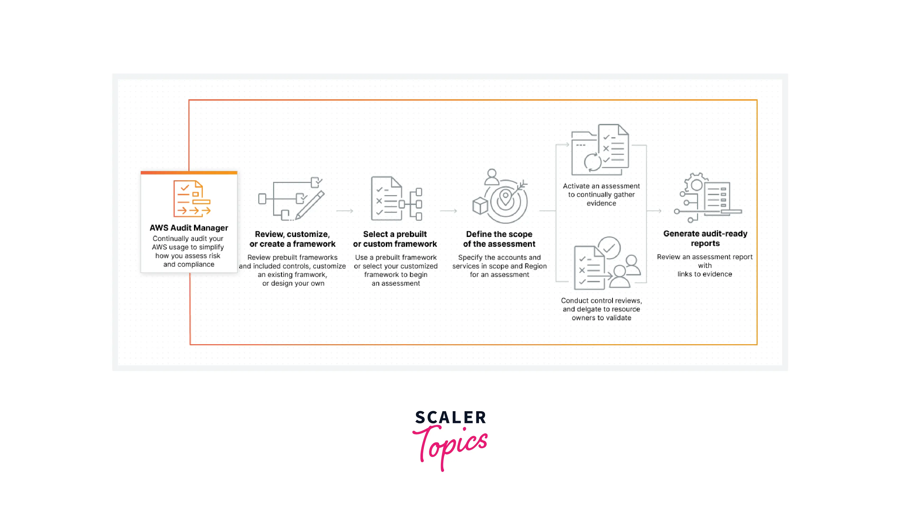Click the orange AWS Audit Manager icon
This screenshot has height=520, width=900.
point(192,199)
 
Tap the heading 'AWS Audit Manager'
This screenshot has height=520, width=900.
point(189,228)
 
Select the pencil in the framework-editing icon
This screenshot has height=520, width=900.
point(310,205)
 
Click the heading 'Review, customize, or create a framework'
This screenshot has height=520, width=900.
point(292,239)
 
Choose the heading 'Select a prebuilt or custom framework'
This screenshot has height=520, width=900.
point(395,239)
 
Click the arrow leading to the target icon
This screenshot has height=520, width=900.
point(448,211)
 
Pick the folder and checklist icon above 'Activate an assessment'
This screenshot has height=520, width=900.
point(600,150)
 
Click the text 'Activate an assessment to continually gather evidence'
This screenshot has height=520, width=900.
point(601,195)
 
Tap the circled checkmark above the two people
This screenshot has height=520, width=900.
point(609,248)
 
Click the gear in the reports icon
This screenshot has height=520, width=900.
point(696,184)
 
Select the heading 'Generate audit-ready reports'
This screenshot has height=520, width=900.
point(705,238)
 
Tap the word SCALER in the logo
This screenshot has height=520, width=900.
point(451,417)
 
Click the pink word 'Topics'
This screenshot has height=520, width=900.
point(451,445)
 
